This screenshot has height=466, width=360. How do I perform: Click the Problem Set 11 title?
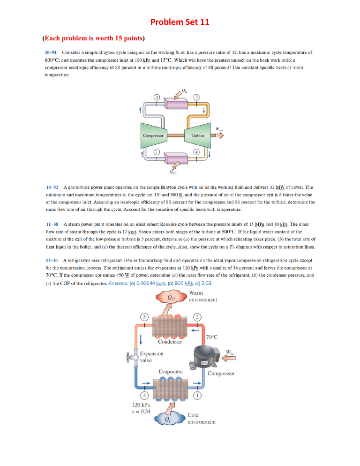coord(180,22)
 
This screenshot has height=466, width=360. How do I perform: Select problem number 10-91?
coord(51,53)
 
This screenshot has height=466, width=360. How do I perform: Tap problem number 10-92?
coord(52,187)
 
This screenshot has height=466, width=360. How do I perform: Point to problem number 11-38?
coord(52,225)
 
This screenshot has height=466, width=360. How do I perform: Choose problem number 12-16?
coord(52,260)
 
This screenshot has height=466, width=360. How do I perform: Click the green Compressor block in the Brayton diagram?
coord(153,135)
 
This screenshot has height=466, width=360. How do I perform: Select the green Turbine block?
coord(197,135)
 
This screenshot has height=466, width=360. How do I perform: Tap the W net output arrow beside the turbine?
coord(219,135)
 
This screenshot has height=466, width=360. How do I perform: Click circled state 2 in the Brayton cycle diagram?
coord(157,98)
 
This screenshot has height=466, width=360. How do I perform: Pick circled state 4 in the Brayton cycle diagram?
coord(196,152)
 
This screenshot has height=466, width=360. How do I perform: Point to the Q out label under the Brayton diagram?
coord(172,172)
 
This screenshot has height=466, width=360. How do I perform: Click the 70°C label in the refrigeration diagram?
coord(212,337)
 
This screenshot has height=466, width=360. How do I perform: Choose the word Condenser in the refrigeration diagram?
coord(170,342)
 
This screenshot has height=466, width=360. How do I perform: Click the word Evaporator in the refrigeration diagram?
coord(171,371)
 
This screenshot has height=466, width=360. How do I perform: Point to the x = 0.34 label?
coord(141,412)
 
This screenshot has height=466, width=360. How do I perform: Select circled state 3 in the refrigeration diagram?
coord(144,317)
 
